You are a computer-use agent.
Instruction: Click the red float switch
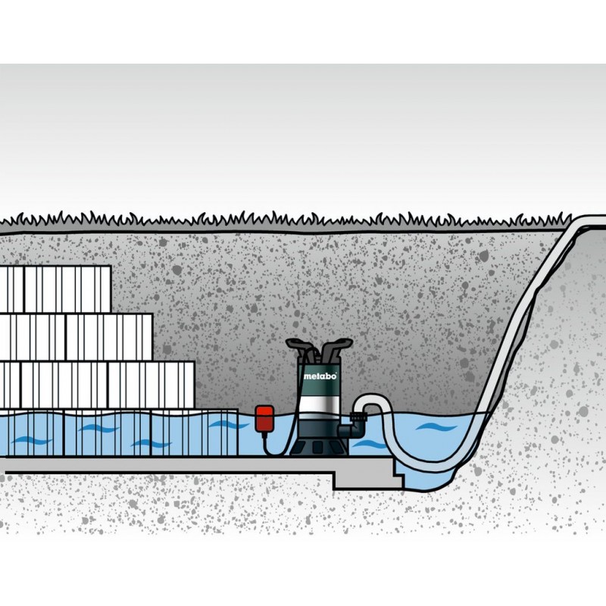tap(264, 417)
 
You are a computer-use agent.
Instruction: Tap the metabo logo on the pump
tap(320, 376)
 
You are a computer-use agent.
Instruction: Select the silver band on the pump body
tap(319, 405)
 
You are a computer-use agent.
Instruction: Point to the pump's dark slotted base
tap(319, 445)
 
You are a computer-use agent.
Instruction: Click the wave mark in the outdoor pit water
tap(436, 427)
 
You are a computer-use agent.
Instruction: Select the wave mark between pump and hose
tap(368, 445)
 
